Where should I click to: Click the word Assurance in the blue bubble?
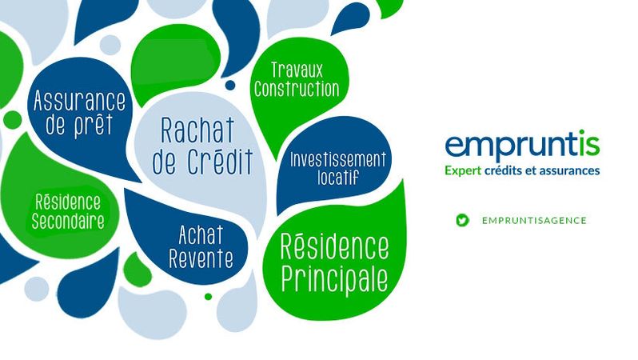(80, 101)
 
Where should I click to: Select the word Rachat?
(197, 130)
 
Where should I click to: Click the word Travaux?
(297, 70)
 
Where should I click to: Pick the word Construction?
(297, 89)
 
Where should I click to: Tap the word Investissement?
(337, 160)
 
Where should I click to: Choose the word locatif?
(338, 178)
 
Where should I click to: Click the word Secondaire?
(68, 222)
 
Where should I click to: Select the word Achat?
(201, 235)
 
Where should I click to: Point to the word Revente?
(201, 258)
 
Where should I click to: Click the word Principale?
(334, 279)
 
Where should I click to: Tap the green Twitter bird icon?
(462, 220)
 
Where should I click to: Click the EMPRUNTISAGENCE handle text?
(534, 221)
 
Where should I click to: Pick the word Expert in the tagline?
(463, 170)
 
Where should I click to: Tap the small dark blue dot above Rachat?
(230, 85)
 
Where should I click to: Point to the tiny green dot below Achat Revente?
(209, 297)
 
